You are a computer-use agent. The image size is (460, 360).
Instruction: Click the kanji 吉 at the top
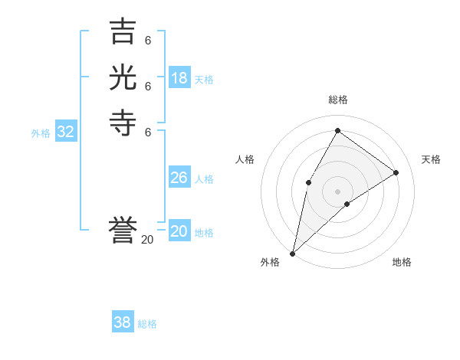pyautogui.click(x=123, y=32)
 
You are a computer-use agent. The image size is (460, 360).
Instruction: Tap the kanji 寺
pyautogui.click(x=123, y=123)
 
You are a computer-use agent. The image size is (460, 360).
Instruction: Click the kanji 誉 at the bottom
pyautogui.click(x=123, y=230)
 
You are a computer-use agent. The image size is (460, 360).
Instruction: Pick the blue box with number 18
pyautogui.click(x=179, y=78)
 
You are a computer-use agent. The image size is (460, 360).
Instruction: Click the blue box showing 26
pyautogui.click(x=179, y=178)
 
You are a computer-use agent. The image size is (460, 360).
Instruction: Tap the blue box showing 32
pyautogui.click(x=66, y=132)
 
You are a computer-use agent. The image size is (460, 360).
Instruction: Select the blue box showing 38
pyautogui.click(x=123, y=322)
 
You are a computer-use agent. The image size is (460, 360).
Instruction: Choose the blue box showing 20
pyautogui.click(x=179, y=231)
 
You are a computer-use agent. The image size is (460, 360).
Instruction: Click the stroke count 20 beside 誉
pyautogui.click(x=147, y=240)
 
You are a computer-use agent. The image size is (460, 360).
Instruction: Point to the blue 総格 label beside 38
pyautogui.click(x=147, y=324)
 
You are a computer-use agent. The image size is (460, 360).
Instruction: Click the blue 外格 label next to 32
pyautogui.click(x=41, y=133)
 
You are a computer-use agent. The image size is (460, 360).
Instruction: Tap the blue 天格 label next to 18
pyautogui.click(x=204, y=80)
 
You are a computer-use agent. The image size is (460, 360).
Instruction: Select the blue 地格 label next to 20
pyautogui.click(x=204, y=233)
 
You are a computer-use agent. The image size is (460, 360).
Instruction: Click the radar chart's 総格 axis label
pyautogui.click(x=338, y=100)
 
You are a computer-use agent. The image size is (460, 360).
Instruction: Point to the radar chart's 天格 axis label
pyautogui.click(x=431, y=159)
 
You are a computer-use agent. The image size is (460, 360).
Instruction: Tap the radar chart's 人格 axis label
pyautogui.click(x=245, y=159)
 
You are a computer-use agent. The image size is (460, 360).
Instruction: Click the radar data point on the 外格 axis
pyautogui.click(x=293, y=253)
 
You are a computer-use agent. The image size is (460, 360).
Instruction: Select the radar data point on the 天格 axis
pyautogui.click(x=396, y=172)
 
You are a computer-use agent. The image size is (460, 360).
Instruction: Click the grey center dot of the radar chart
pyautogui.click(x=338, y=191)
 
